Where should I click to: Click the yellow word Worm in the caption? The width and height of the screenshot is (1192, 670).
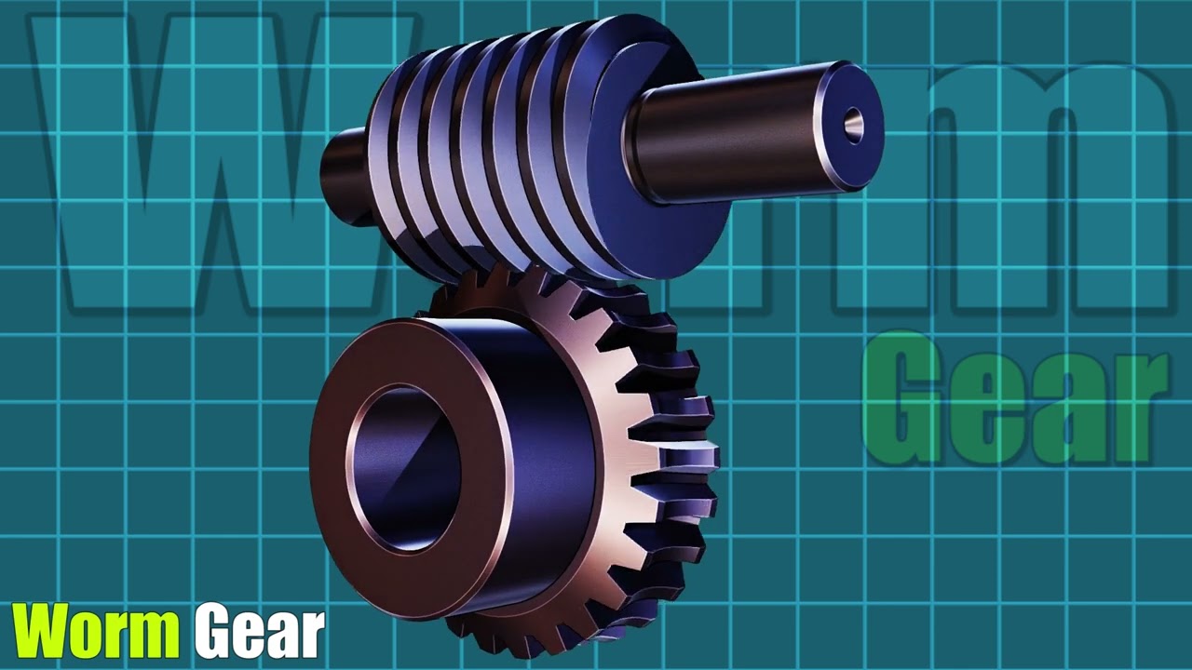[x=95, y=631]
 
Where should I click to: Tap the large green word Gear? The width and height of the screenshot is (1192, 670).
[x=1015, y=400]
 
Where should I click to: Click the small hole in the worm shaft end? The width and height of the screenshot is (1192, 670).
[x=853, y=124]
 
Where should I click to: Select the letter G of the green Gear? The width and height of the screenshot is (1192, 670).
[x=908, y=400]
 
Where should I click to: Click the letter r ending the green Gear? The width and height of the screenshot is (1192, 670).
[x=1136, y=409]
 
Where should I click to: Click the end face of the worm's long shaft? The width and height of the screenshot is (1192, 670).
[x=848, y=126]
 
